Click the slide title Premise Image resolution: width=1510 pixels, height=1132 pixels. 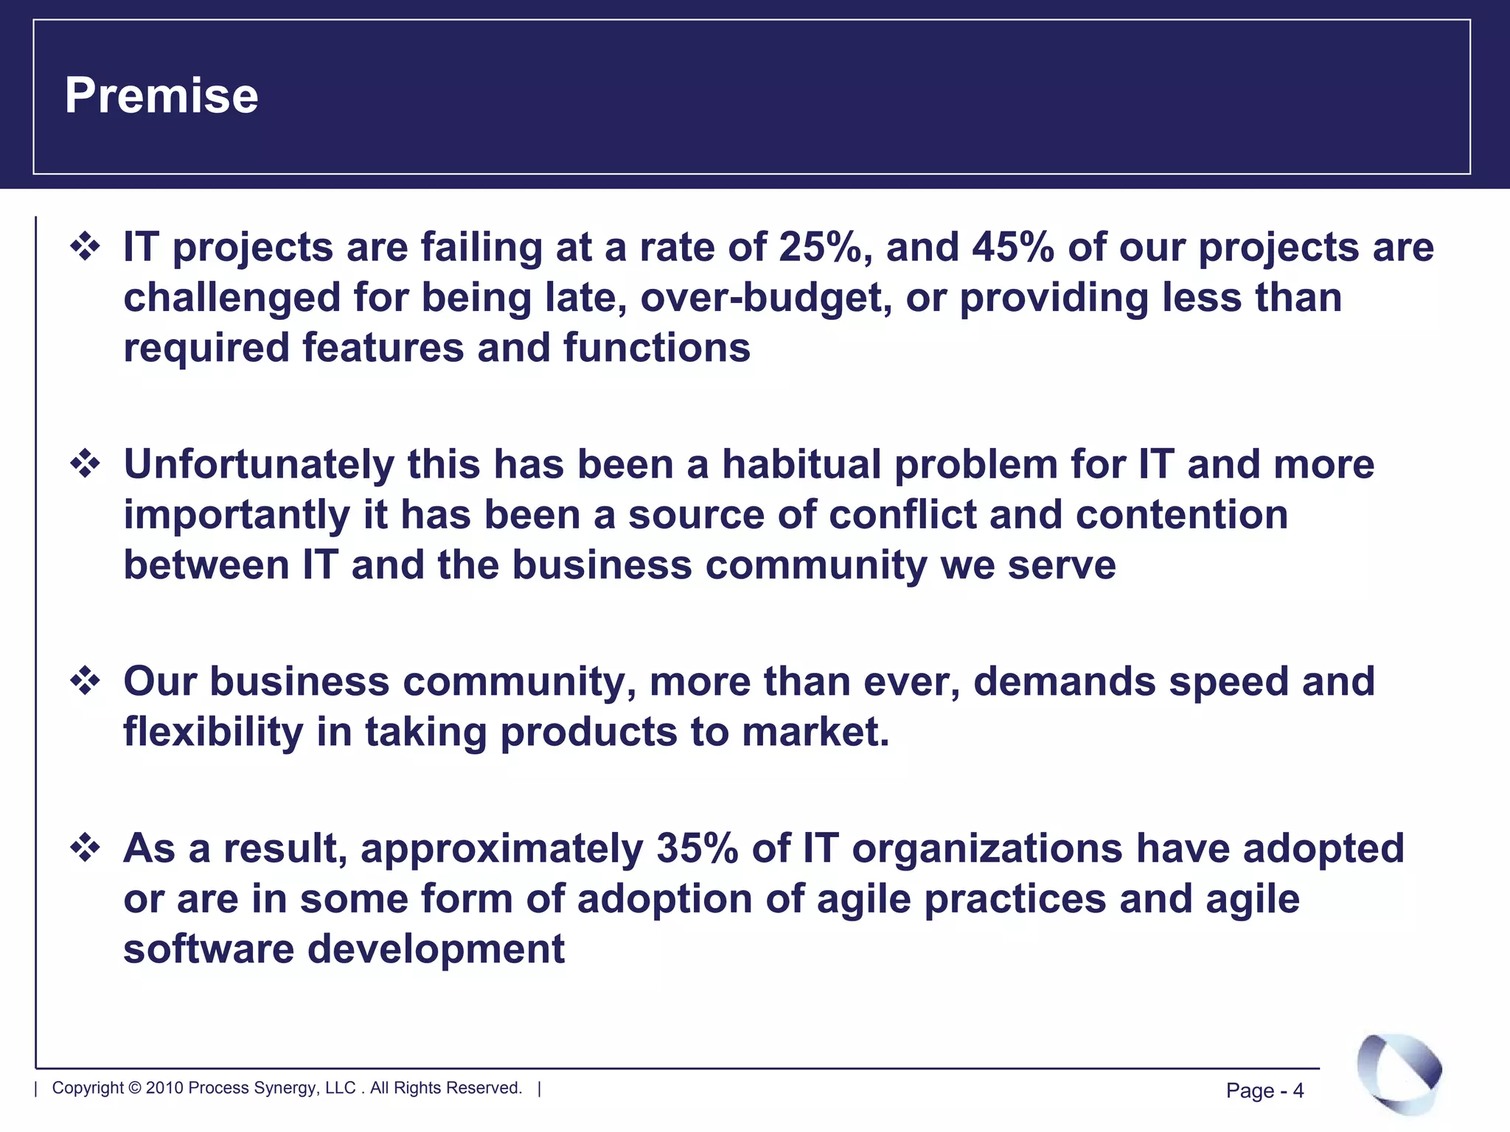tap(161, 96)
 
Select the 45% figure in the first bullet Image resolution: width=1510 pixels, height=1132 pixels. tap(1012, 248)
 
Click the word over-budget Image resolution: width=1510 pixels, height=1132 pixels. tap(766, 298)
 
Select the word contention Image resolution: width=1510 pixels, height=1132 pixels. tap(1181, 515)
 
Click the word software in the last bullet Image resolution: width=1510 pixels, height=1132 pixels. tap(208, 949)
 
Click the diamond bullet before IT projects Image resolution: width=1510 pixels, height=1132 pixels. tap(86, 246)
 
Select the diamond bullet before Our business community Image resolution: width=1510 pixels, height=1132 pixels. tap(86, 681)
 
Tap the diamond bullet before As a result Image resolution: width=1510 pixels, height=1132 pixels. tap(86, 848)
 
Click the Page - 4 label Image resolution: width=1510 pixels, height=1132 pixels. tap(1264, 1091)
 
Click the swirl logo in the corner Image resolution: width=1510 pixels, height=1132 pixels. tap(1399, 1074)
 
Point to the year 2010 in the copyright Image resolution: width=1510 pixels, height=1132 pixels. tap(164, 1089)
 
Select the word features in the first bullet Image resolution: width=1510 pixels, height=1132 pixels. tap(382, 348)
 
